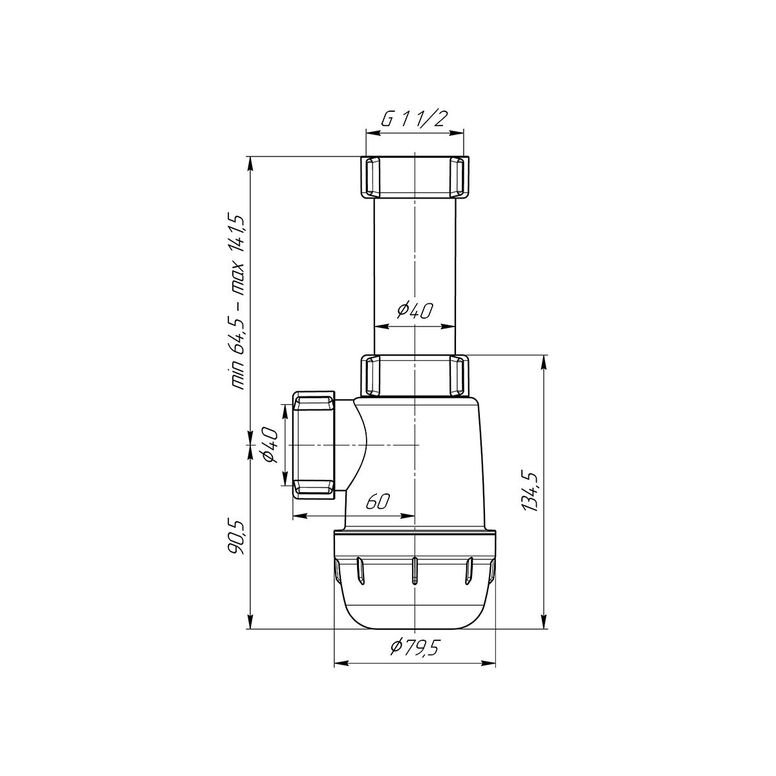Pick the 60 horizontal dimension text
pos(378,502)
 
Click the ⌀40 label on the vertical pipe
pos(415,310)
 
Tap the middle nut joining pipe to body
pos(415,375)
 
